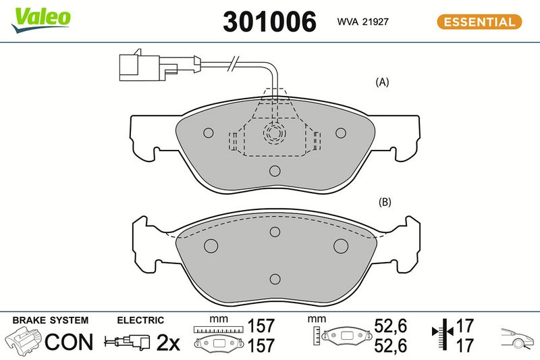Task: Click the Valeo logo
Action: click(41, 20)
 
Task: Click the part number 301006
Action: click(269, 22)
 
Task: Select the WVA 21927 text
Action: click(362, 22)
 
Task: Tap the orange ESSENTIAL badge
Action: click(479, 22)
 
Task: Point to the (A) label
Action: click(382, 82)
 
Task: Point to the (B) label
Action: click(385, 202)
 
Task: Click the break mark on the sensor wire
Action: click(233, 63)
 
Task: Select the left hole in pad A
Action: click(209, 132)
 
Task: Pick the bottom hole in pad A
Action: click(275, 170)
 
